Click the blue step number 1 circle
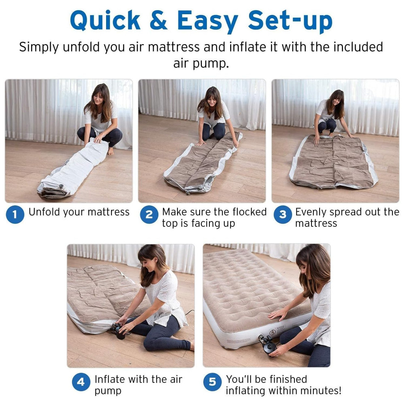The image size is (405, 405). pos(15,214)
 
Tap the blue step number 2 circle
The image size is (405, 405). pos(149,214)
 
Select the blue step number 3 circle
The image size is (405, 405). pos(283,214)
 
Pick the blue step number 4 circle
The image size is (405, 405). pos(81,382)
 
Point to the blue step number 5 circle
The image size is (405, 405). pos(212,382)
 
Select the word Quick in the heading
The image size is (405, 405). pos(105,21)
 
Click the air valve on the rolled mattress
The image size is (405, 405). pos(61,186)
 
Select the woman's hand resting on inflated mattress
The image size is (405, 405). pos(277,314)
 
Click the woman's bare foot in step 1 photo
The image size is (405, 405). pos(111,151)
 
